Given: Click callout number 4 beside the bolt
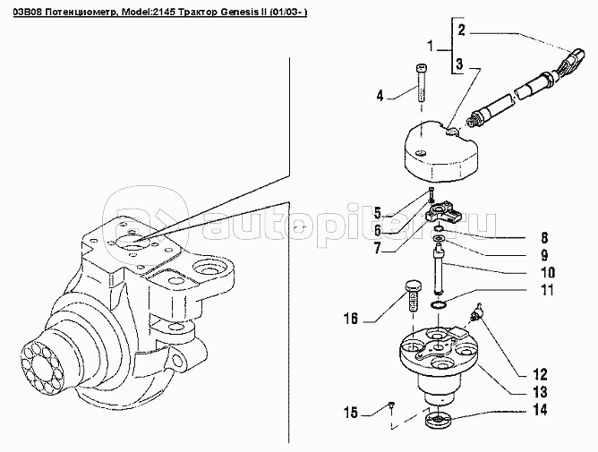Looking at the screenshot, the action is pyautogui.click(x=380, y=96).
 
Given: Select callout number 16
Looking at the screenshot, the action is pyautogui.click(x=351, y=318).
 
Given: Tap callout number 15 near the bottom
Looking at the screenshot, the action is pyautogui.click(x=351, y=413).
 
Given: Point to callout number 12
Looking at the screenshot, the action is pyautogui.click(x=540, y=374).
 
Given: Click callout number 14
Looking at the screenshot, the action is pyautogui.click(x=540, y=410).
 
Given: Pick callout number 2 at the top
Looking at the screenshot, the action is pyautogui.click(x=461, y=30).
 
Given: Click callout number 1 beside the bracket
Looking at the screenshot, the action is pyautogui.click(x=431, y=47).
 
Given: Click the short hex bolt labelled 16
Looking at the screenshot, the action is pyautogui.click(x=414, y=296).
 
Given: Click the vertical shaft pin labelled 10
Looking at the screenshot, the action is pyautogui.click(x=440, y=271).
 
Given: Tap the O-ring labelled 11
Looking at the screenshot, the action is pyautogui.click(x=438, y=305).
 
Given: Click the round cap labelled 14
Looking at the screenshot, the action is pyautogui.click(x=438, y=421).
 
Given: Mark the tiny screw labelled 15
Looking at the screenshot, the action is pyautogui.click(x=391, y=405).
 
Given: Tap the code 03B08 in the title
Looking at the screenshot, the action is pyautogui.click(x=25, y=13).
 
